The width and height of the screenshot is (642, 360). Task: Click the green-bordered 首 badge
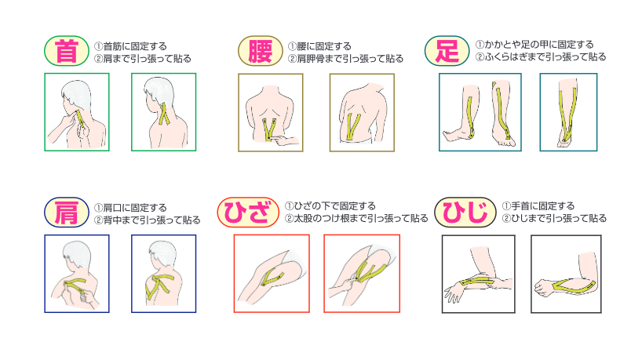coord(67,51)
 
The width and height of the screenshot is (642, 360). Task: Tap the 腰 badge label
coord(261,51)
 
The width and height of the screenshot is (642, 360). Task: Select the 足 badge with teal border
coord(447,51)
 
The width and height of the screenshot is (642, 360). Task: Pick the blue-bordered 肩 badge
coord(67,213)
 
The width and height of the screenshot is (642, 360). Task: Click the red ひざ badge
coord(248,213)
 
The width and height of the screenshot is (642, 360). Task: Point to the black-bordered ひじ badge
coord(465,213)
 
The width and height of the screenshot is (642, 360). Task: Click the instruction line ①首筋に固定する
coord(130,46)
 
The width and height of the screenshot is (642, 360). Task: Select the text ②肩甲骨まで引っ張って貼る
coord(345,59)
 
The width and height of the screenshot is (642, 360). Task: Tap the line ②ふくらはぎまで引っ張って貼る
coord(541,57)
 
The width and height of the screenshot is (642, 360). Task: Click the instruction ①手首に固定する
coord(538,205)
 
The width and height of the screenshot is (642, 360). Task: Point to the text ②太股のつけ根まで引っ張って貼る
coord(356,219)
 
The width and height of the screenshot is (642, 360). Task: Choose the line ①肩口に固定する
coord(130,208)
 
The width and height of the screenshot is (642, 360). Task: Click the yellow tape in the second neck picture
coord(164,115)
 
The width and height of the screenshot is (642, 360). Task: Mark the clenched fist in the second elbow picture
coord(543,287)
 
